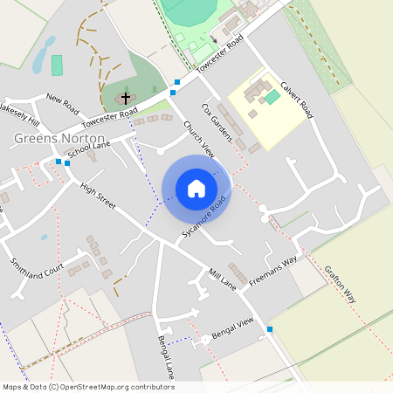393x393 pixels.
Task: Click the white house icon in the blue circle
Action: (196, 189)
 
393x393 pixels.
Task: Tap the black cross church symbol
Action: (125, 98)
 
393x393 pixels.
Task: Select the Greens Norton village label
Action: (60, 138)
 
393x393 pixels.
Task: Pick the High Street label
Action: (98, 196)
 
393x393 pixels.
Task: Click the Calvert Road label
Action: (297, 100)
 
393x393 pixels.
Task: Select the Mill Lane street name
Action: (223, 279)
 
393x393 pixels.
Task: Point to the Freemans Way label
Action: (272, 271)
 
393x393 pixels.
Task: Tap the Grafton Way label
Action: (341, 284)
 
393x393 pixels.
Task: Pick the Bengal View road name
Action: (233, 329)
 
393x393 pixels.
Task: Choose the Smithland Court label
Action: (38, 273)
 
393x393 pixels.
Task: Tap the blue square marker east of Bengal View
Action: (270, 329)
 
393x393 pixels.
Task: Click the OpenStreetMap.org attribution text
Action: (114, 387)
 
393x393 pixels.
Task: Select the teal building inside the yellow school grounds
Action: (272, 96)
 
